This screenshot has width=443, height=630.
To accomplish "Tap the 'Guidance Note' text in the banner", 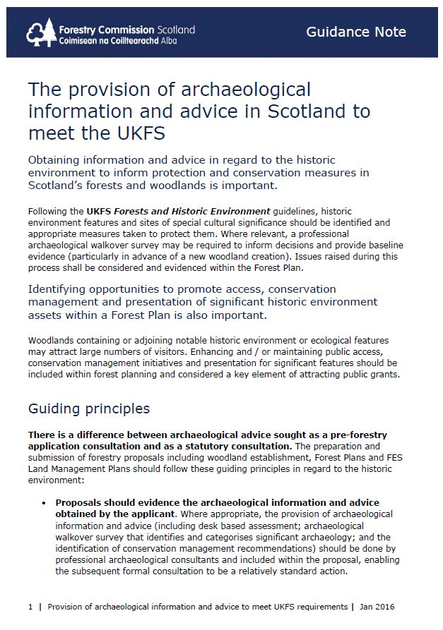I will [355, 32].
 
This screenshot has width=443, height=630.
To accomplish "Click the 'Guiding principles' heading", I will [88, 408].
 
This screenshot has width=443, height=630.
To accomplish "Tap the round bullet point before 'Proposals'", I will [43, 503].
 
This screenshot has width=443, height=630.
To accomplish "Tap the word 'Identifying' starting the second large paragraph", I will [63, 289].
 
